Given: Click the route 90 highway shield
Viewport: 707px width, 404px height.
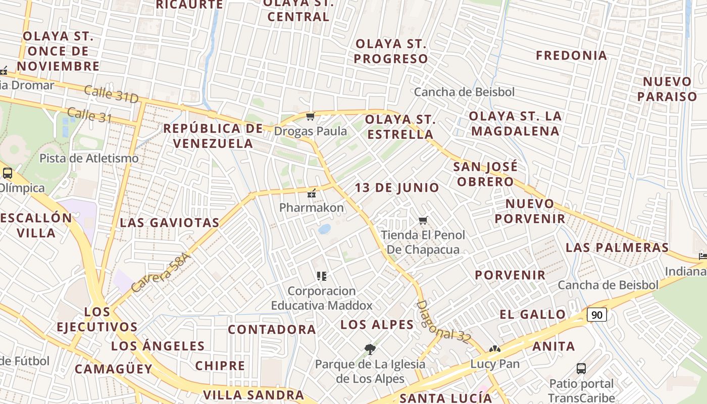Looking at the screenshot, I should click(x=596, y=315).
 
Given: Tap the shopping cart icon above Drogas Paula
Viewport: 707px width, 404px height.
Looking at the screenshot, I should click(x=310, y=117).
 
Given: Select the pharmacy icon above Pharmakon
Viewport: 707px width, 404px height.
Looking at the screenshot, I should click(x=312, y=193).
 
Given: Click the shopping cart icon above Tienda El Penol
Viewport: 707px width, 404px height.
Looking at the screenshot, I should click(x=423, y=220).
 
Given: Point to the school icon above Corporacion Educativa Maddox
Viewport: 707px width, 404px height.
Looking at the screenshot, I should click(x=322, y=276).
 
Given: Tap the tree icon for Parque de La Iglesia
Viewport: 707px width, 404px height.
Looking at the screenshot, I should click(x=370, y=348).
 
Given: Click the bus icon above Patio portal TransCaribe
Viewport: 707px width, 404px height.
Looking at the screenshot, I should click(x=581, y=368).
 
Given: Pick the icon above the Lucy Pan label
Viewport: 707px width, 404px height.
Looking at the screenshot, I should click(x=494, y=349).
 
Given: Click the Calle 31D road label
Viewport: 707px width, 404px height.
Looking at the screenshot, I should click(x=111, y=94).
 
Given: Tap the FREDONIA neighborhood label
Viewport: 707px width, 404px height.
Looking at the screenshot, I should click(x=571, y=56).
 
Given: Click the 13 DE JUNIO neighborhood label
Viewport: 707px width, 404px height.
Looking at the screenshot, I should click(x=396, y=188).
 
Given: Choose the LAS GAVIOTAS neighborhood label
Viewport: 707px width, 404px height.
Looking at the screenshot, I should click(x=170, y=223).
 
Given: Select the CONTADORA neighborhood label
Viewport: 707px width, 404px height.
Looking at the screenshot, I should click(x=272, y=330).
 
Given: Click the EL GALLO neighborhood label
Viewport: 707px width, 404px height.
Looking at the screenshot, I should click(x=532, y=315).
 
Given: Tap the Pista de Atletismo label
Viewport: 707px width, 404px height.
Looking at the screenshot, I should click(x=89, y=158).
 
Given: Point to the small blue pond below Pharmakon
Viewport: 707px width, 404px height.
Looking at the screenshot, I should click(x=324, y=229).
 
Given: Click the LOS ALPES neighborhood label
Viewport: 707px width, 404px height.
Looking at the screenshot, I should click(x=377, y=324).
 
